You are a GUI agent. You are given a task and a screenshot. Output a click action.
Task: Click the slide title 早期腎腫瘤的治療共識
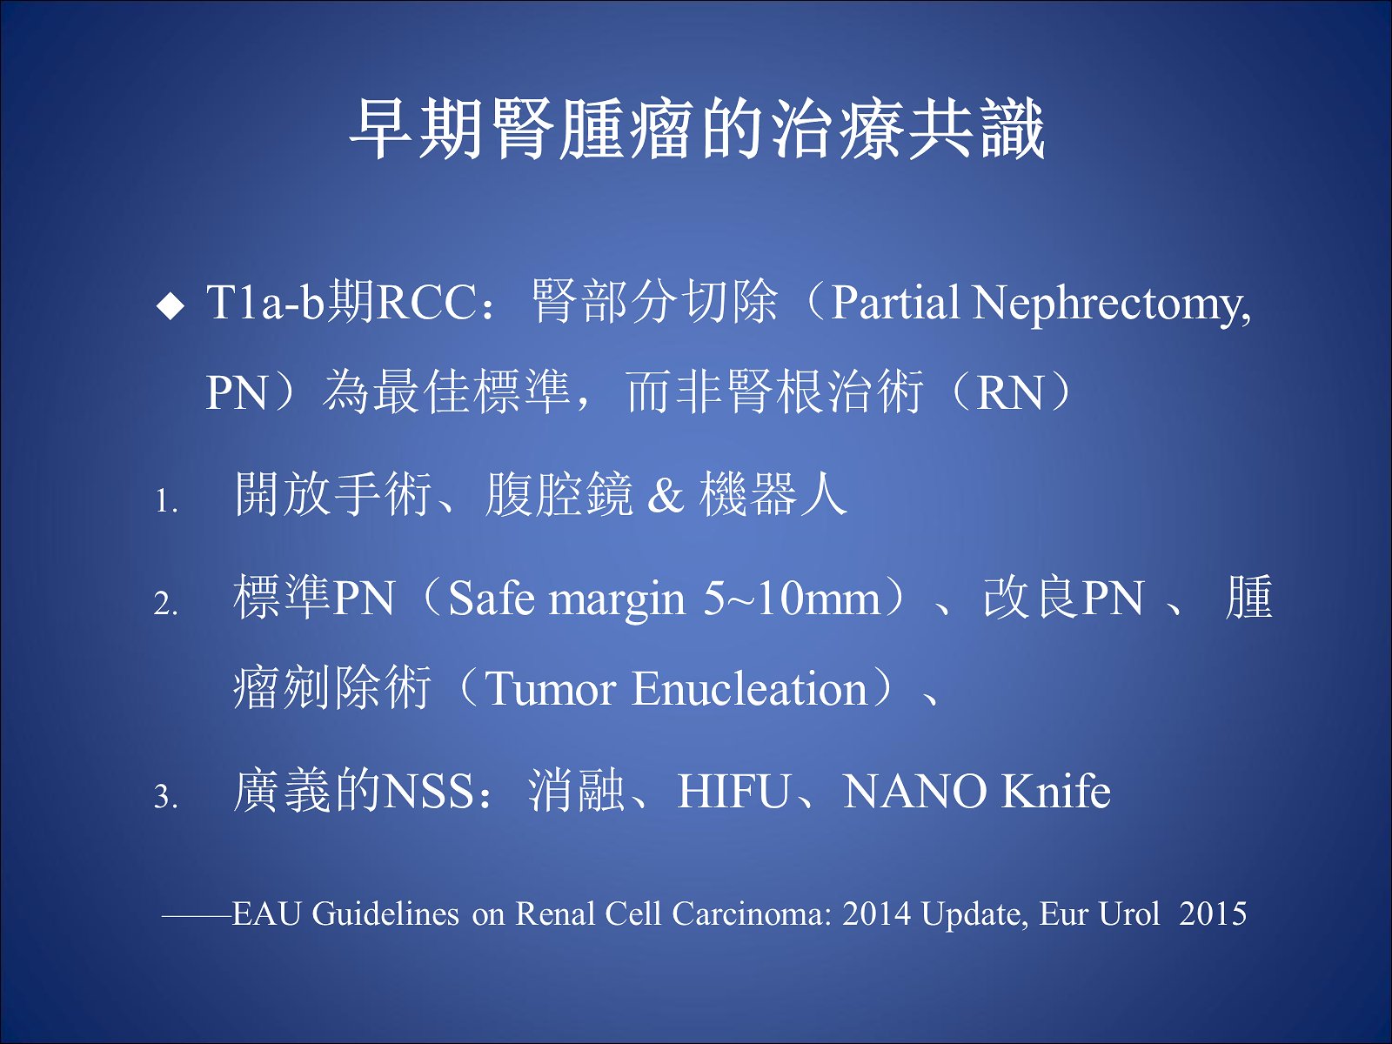click(696, 129)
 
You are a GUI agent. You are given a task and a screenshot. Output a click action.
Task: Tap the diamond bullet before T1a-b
click(170, 306)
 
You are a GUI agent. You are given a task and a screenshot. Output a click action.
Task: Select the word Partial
click(895, 302)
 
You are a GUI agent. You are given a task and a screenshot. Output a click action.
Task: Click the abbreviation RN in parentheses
click(1009, 393)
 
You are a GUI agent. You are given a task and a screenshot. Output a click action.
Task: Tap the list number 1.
click(165, 501)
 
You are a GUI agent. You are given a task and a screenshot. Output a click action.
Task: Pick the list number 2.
click(165, 604)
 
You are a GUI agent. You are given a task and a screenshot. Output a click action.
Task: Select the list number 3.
click(165, 795)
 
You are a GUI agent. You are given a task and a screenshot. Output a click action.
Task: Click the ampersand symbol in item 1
click(666, 495)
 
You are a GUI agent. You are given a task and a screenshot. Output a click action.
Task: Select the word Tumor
click(551, 689)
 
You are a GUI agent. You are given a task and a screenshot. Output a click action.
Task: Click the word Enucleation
click(750, 688)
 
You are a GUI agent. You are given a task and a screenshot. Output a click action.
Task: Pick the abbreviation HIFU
click(733, 791)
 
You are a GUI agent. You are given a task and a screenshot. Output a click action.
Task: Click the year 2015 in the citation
click(1213, 913)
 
